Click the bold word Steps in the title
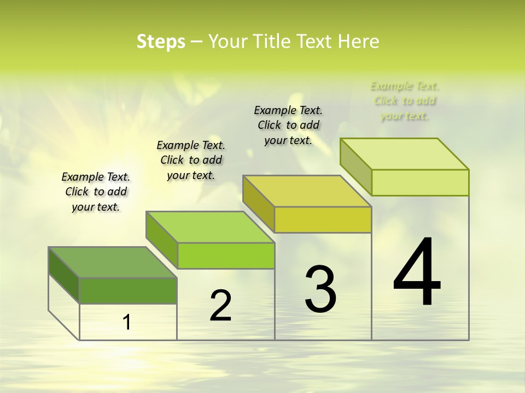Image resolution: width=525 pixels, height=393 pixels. [x=161, y=41]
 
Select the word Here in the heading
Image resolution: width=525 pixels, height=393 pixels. [x=358, y=41]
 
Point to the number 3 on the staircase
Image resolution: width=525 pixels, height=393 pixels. [x=320, y=289]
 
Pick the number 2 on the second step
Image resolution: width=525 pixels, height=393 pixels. [x=220, y=306]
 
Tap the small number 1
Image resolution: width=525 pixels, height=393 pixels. [x=127, y=322]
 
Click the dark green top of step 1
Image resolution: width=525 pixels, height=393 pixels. [x=113, y=263]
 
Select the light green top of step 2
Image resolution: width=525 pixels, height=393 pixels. [x=210, y=227]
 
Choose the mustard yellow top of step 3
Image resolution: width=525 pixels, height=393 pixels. [x=307, y=191]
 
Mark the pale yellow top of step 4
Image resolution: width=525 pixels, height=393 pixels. [x=405, y=154]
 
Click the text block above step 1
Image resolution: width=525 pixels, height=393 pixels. [x=96, y=192]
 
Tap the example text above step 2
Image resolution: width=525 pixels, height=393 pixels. [x=191, y=160]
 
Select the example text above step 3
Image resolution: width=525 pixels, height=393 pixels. [x=288, y=125]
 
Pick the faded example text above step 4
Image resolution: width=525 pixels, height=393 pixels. [x=405, y=100]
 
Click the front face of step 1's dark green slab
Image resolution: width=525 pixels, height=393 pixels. [x=128, y=290]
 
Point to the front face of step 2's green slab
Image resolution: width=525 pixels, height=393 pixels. [x=226, y=255]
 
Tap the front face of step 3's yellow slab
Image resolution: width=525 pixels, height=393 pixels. [x=323, y=219]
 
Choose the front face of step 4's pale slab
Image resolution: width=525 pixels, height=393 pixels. [x=420, y=182]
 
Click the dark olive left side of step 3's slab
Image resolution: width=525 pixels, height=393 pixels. [x=258, y=204]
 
